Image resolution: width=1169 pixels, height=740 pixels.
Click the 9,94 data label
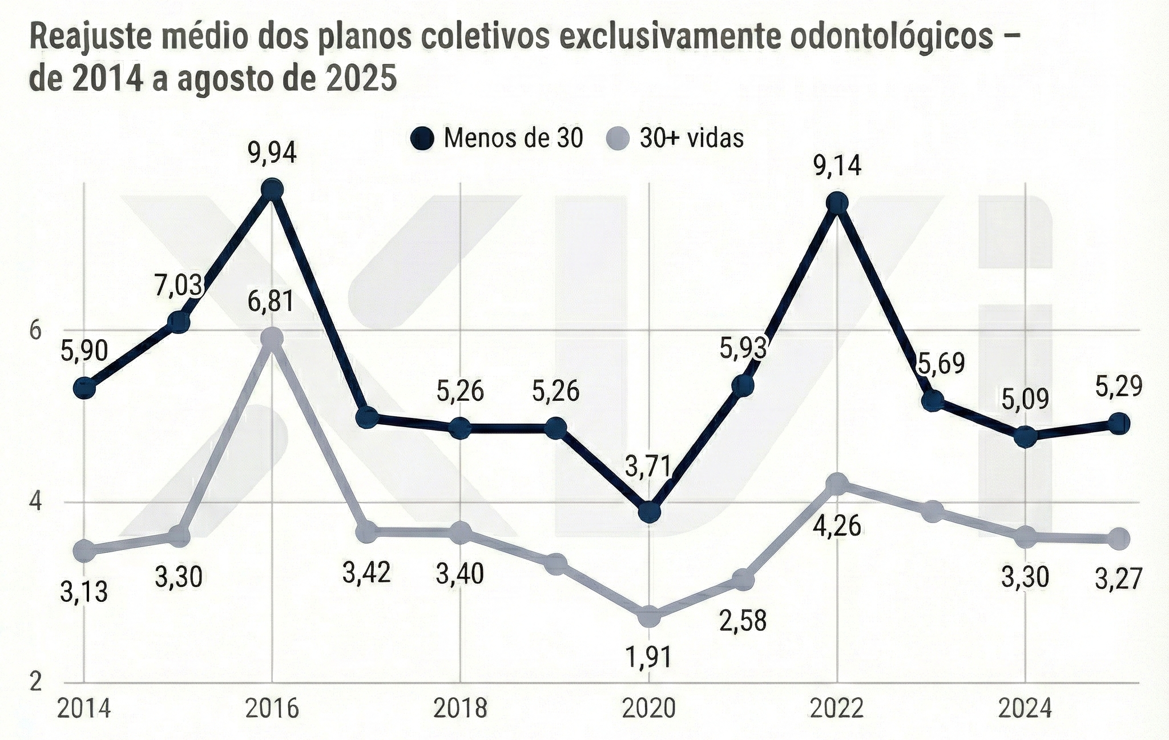click(272, 153)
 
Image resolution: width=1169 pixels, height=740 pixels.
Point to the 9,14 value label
click(837, 166)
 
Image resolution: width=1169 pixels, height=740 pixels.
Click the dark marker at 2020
click(649, 512)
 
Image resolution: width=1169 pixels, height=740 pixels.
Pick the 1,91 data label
click(648, 657)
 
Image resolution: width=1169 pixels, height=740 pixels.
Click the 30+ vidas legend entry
click(679, 139)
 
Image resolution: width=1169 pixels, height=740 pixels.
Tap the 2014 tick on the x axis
click(84, 709)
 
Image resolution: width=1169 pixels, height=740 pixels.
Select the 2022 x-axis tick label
click(837, 709)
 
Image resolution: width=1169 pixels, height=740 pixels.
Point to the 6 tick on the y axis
click(36, 331)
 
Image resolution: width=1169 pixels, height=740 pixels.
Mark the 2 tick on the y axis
click(36, 682)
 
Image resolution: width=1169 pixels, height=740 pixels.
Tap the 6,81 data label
click(271, 301)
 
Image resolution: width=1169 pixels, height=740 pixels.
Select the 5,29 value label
click(1119, 387)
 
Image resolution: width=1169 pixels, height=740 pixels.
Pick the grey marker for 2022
click(837, 484)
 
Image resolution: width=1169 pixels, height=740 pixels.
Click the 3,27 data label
click(1119, 580)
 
